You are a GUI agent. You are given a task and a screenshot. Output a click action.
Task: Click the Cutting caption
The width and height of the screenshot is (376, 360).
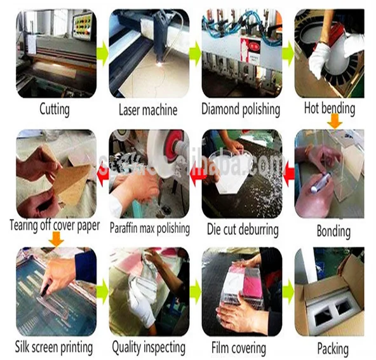(x=54, y=109)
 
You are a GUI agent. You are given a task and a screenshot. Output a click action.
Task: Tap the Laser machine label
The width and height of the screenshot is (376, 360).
(x=147, y=110)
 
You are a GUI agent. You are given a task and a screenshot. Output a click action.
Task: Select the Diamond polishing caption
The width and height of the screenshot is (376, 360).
(x=241, y=109)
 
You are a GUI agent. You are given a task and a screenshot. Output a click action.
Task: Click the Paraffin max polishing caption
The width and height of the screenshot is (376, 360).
(x=149, y=228)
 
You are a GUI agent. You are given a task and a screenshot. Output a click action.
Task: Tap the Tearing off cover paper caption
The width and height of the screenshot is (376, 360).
(x=55, y=225)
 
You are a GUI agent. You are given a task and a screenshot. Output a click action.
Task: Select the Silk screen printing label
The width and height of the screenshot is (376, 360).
(x=54, y=347)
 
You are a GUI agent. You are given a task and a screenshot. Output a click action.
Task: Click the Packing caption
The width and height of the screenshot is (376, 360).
(x=332, y=349)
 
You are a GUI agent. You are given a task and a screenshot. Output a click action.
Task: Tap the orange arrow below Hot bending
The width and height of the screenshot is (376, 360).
(x=333, y=121)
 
